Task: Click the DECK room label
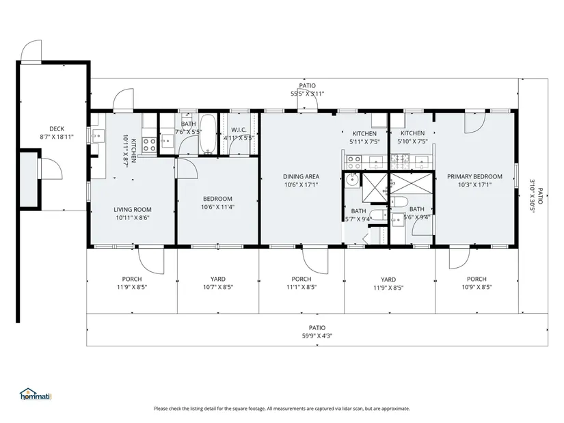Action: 57,128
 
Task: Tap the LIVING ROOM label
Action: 133,210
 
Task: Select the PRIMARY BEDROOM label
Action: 474,176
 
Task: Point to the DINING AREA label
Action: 301,176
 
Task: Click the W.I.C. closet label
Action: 239,130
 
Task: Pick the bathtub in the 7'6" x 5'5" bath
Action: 208,134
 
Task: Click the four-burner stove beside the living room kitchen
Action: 149,146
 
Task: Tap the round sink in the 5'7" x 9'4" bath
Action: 351,179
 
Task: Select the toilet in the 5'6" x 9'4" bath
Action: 399,202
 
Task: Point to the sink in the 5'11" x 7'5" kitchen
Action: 376,161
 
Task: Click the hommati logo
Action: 36,394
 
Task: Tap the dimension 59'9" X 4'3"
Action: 317,336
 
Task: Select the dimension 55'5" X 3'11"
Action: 307,94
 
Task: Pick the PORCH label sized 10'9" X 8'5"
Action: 476,279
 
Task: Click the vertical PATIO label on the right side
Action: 540,195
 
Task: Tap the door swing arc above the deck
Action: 31,51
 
